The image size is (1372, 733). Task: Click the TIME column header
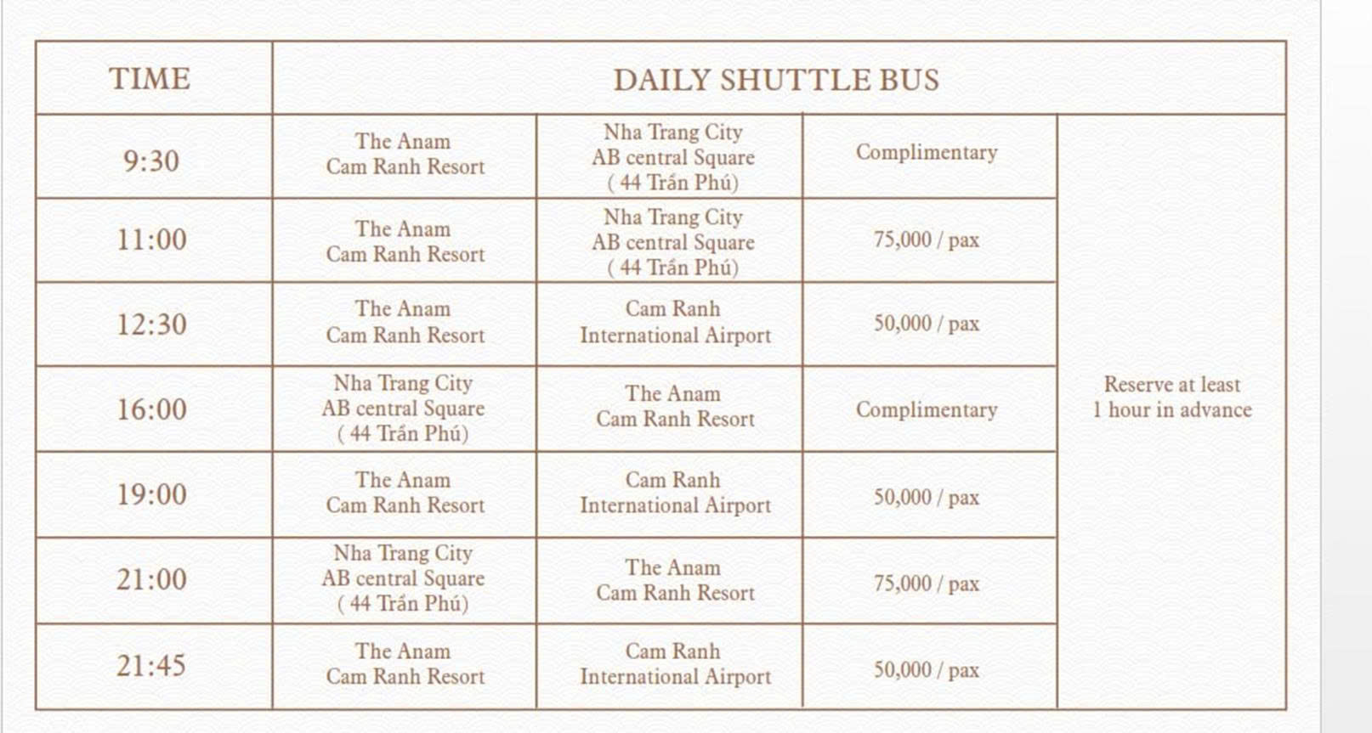150,78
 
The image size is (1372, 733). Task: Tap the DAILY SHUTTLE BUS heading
776,80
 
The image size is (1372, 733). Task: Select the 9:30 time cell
151,161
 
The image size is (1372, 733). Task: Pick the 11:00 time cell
151,240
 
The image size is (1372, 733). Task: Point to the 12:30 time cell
151,324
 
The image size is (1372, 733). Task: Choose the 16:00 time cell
151,409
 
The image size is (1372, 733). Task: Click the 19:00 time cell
151,494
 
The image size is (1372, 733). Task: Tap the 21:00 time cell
151,579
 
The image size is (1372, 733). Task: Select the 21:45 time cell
151,665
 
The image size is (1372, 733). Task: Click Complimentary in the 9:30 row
927,153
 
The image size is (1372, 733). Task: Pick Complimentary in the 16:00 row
927,410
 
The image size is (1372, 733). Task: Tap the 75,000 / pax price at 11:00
927,240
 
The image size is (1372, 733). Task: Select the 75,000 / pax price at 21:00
927,584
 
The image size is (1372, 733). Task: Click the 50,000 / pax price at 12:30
927,324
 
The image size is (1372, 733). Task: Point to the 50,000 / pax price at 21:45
927,670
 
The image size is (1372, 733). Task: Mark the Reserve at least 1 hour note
1172,398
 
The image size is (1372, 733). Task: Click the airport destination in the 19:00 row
675,493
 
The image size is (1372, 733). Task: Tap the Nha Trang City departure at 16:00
403,409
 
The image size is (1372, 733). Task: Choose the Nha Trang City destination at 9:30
673,157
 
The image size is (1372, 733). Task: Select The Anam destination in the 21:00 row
675,580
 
